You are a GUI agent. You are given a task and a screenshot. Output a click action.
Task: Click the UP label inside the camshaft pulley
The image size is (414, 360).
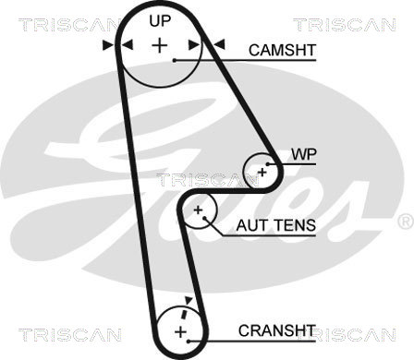[x=160, y=21]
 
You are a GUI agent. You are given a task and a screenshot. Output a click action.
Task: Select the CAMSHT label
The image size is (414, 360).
[x=283, y=50]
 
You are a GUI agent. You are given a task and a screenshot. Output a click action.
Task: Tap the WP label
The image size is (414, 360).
[x=304, y=154]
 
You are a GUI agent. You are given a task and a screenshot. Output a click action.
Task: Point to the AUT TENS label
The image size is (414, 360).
[x=276, y=225]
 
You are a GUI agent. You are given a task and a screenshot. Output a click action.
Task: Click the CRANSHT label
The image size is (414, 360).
[x=276, y=330]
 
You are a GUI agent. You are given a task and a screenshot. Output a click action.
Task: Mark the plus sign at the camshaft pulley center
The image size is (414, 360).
[x=160, y=45]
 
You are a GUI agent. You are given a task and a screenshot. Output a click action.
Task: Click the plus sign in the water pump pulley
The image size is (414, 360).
[x=262, y=172]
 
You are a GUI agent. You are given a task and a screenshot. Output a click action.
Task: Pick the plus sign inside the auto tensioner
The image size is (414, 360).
[x=198, y=210]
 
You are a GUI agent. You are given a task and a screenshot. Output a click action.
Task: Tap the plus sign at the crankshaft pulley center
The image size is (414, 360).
[x=180, y=332]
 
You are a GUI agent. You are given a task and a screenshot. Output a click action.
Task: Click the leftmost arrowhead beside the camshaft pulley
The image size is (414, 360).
[x=108, y=45]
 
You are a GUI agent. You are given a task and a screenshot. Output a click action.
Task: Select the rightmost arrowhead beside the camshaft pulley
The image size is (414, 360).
[x=219, y=44]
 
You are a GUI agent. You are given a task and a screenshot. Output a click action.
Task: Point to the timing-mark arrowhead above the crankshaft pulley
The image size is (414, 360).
[x=189, y=300]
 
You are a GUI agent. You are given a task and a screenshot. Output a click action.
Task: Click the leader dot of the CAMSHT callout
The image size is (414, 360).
[x=175, y=61]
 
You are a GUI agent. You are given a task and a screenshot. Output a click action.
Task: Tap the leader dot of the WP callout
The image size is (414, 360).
[x=268, y=164]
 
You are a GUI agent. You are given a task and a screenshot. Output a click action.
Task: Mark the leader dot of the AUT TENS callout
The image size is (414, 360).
[x=204, y=218]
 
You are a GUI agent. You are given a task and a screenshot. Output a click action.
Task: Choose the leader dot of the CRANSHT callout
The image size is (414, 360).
[x=189, y=342]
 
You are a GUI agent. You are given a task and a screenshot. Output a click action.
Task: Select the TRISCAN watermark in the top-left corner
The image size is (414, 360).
[x=69, y=25]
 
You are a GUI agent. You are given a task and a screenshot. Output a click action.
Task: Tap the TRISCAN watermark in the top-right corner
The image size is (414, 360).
[x=345, y=25]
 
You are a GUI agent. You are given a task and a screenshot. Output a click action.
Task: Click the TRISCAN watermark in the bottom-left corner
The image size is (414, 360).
[x=69, y=334]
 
